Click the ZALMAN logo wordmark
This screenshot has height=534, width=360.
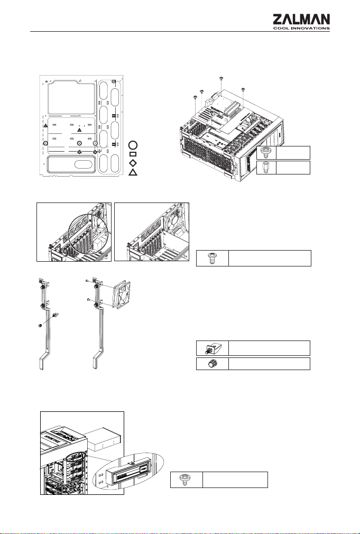pyautogui.click(x=301, y=20)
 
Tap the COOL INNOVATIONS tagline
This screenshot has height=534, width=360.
pyautogui.click(x=301, y=28)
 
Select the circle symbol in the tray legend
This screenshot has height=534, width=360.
pyautogui.click(x=133, y=145)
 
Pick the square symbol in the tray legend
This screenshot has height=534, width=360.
pyautogui.click(x=133, y=154)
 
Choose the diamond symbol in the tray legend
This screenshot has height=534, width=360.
pyautogui.click(x=133, y=162)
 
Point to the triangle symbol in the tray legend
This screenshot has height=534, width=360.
pyautogui.click(x=133, y=172)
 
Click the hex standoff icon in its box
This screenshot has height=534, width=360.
pyautogui.click(x=266, y=168)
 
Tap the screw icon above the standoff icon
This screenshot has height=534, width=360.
pyautogui.click(x=266, y=153)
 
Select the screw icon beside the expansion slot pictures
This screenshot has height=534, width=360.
pyautogui.click(x=212, y=258)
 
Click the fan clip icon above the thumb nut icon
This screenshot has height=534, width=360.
pyautogui.click(x=212, y=348)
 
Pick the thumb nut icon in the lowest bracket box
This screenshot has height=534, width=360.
pyautogui.click(x=213, y=364)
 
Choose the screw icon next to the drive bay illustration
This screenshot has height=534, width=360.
pyautogui.click(x=186, y=480)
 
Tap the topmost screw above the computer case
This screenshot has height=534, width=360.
pyautogui.click(x=221, y=79)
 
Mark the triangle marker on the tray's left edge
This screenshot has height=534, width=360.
pyautogui.click(x=45, y=126)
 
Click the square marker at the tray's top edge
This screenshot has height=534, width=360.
pyautogui.click(x=114, y=81)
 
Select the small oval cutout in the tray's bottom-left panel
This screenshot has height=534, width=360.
pyautogui.click(x=83, y=164)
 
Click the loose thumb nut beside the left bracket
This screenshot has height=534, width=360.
pyautogui.click(x=40, y=326)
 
